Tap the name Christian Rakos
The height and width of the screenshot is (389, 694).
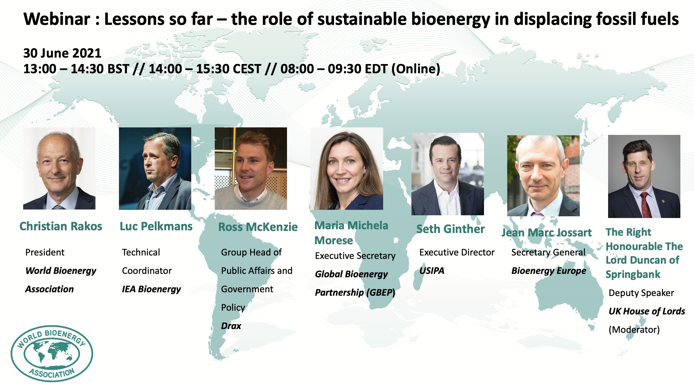click(x=61, y=226)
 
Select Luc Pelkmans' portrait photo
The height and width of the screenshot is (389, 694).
click(x=155, y=169)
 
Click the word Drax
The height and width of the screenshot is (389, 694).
click(x=231, y=326)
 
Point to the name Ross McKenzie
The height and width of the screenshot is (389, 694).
click(x=258, y=227)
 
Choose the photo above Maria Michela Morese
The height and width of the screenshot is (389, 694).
click(x=347, y=169)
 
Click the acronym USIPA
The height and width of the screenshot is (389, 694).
click(x=432, y=271)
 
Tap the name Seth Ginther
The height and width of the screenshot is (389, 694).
click(x=450, y=229)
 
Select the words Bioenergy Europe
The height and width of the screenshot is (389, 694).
click(x=549, y=271)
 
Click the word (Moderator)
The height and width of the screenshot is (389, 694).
click(x=634, y=330)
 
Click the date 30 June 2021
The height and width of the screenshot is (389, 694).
click(x=62, y=53)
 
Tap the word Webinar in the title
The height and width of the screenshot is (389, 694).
click(x=57, y=19)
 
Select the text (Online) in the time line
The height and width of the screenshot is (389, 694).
click(x=416, y=69)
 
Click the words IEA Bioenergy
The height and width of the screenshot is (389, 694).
click(x=151, y=289)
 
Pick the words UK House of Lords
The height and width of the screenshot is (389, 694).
click(x=647, y=311)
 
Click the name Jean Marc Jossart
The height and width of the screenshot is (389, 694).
click(x=546, y=233)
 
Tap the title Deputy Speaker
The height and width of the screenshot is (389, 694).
click(x=641, y=293)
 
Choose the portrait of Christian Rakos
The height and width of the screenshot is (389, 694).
click(x=59, y=169)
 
